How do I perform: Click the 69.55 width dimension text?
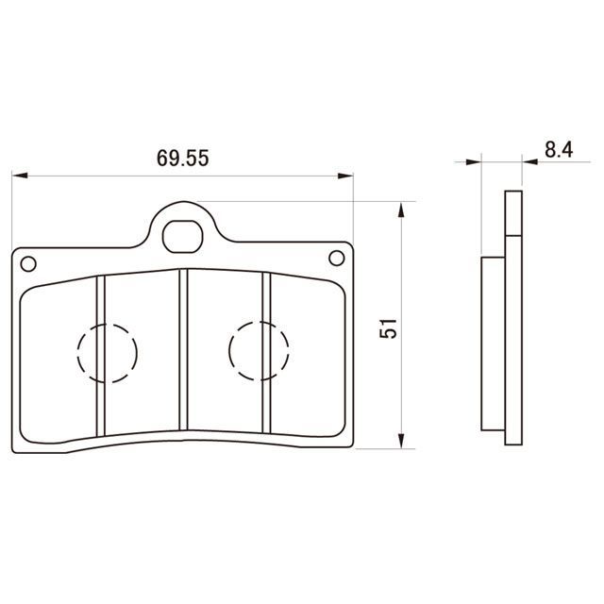pyautogui.click(x=182, y=158)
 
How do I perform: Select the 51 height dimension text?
pyautogui.click(x=388, y=328)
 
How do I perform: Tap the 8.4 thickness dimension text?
pyautogui.click(x=559, y=149)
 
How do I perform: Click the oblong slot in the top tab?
pyautogui.click(x=182, y=237)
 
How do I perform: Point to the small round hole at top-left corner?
pyautogui.click(x=28, y=264)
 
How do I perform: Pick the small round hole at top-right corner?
pyautogui.click(x=336, y=258)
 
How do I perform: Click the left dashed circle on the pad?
pyautogui.click(x=107, y=353)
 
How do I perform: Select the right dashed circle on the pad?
pyautogui.click(x=259, y=351)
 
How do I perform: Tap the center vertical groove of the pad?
pyautogui.click(x=183, y=349)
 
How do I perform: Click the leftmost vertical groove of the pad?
pyautogui.click(x=101, y=356)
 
